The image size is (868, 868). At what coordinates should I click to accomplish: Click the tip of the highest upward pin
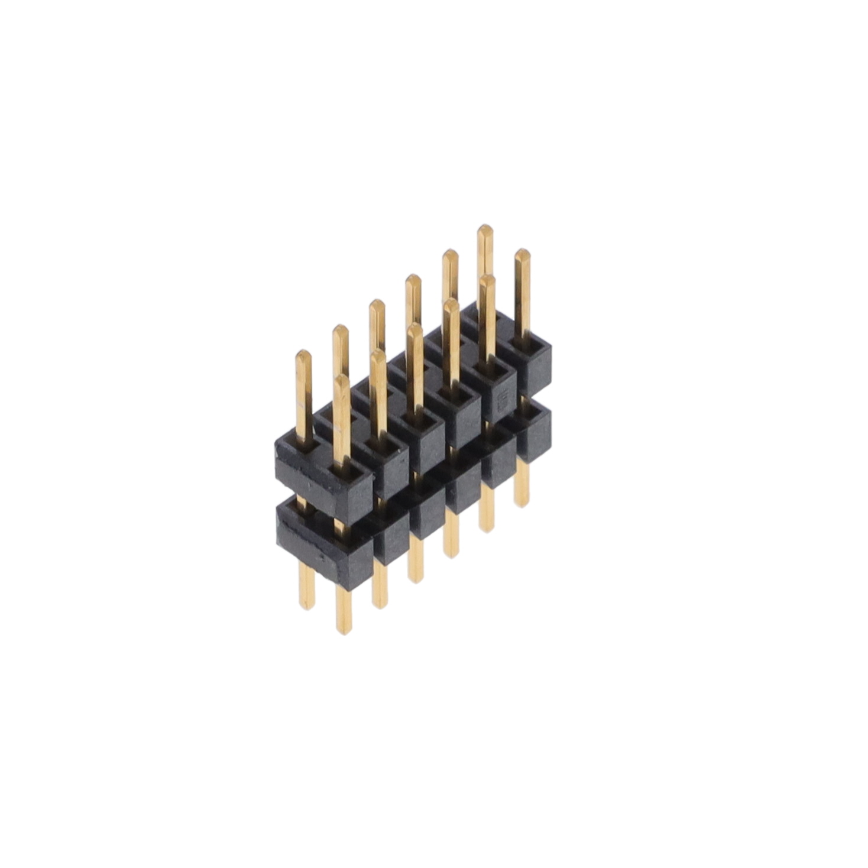[x=485, y=228]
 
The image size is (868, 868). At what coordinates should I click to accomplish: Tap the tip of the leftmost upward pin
[x=303, y=354]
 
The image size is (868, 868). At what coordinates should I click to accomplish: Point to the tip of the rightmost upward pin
[x=522, y=253]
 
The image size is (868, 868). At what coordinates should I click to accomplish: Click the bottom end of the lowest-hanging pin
[x=343, y=630]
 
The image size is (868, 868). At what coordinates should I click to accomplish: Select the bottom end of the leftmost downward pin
[x=306, y=605]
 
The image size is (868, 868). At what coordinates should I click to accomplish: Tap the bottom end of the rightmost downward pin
[x=521, y=504]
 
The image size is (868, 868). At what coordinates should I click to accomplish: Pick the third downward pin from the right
[x=451, y=535]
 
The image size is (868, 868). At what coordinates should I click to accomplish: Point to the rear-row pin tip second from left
[x=339, y=329]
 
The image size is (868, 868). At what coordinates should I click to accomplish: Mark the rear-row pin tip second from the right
[x=449, y=253]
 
